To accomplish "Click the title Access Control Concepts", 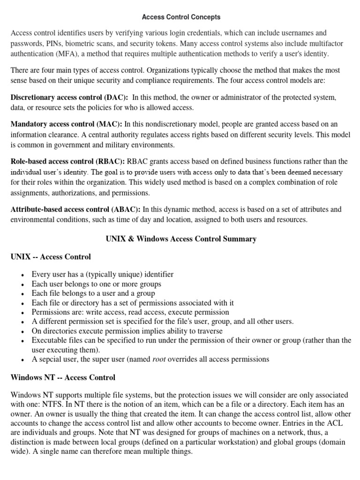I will click(x=181, y=17).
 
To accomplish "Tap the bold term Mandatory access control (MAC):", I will click(x=66, y=124).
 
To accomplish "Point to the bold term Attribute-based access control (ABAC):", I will click(x=75, y=209).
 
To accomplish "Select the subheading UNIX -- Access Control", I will click(x=51, y=257).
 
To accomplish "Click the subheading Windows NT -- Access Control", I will click(x=63, y=377).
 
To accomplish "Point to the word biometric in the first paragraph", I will click(x=87, y=44).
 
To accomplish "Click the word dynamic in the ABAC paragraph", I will click(x=172, y=209).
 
